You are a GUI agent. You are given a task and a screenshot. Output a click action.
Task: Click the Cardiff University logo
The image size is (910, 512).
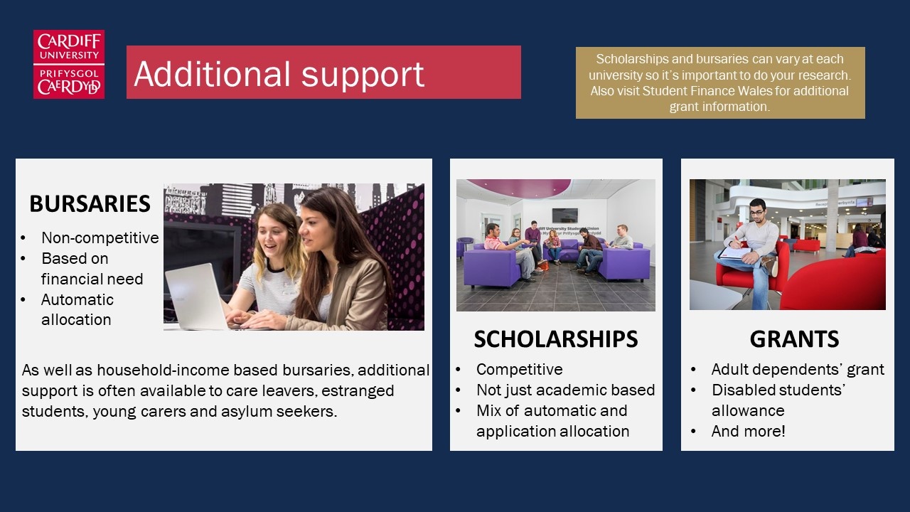69,64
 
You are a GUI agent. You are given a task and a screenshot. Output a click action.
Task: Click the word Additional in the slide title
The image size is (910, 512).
213,74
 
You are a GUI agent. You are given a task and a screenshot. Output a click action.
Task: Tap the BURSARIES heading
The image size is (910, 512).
90,203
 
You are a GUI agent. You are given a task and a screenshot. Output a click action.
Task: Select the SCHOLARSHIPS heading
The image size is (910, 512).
556,339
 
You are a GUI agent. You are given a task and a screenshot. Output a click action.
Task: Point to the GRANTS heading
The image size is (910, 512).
794,339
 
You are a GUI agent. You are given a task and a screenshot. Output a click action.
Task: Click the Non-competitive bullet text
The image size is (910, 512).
100,238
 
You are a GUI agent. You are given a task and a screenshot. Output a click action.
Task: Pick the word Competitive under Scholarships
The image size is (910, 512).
520,369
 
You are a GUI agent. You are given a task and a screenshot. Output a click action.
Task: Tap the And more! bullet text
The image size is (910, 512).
749,431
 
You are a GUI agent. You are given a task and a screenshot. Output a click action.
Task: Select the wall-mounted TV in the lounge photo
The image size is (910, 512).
564,215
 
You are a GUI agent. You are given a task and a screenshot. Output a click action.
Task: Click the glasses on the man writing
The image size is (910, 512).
756,212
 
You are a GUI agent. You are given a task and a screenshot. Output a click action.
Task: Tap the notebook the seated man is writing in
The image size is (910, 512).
735,254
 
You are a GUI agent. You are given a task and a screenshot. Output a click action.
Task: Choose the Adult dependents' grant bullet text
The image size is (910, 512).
798,369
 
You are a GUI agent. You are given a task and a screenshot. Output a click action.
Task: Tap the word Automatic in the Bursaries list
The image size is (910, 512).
77,299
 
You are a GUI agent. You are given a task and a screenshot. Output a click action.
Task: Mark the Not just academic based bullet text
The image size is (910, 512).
565,390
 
